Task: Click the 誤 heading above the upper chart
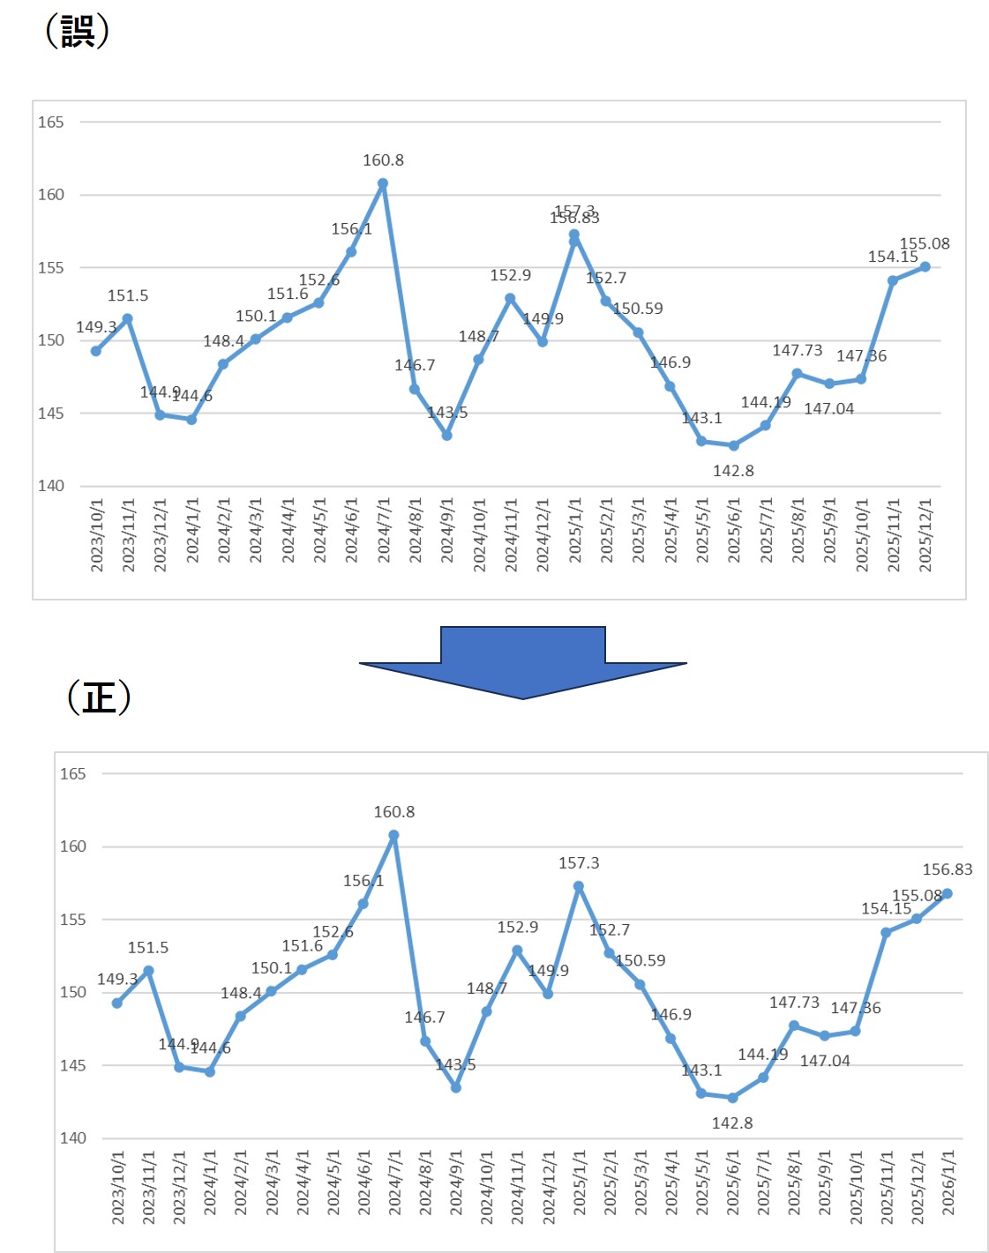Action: pyautogui.click(x=77, y=31)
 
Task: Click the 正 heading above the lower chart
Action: pyautogui.click(x=99, y=697)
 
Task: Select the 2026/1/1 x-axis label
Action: pyautogui.click(x=948, y=1182)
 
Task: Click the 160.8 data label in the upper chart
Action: pyautogui.click(x=383, y=160)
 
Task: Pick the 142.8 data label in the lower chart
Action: pyautogui.click(x=732, y=1122)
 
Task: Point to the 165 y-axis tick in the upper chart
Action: pyautogui.click(x=50, y=123)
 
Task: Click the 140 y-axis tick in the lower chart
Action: pyautogui.click(x=72, y=1137)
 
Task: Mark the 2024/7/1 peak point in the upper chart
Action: pyautogui.click(x=383, y=184)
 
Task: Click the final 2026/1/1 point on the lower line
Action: pyautogui.click(x=948, y=893)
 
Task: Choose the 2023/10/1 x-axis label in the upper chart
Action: pyautogui.click(x=97, y=535)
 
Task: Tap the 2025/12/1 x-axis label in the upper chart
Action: pyautogui.click(x=925, y=535)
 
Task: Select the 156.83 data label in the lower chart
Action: pyautogui.click(x=948, y=869)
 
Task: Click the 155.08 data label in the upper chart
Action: pyautogui.click(x=925, y=244)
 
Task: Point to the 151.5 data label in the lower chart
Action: pyautogui.click(x=147, y=948)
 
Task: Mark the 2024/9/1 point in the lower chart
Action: pyautogui.click(x=456, y=1087)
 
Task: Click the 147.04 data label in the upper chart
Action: pyautogui.click(x=828, y=408)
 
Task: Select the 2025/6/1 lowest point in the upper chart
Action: pyautogui.click(x=733, y=445)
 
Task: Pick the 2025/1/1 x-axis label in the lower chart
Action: pyautogui.click(x=579, y=1182)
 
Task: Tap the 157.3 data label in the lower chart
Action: pyautogui.click(x=579, y=863)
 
